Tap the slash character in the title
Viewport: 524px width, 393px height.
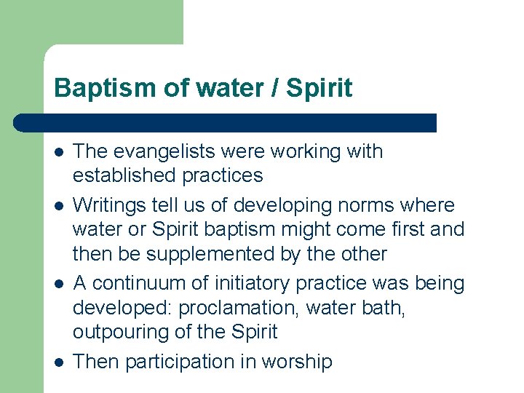point(274,88)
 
